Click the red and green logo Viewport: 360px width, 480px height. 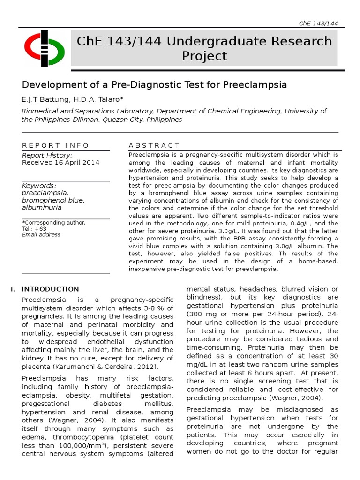coord(45,48)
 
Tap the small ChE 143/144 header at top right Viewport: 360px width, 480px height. coord(318,23)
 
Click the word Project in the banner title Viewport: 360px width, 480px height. coord(204,56)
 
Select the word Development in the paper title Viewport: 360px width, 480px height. coord(50,85)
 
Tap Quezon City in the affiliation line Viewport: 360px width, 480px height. coord(120,120)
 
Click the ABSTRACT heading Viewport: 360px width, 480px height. coord(154,145)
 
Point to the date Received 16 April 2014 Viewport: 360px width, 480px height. coord(60,163)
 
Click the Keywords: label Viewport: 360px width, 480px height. coord(39,186)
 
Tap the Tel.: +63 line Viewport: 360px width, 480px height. coord(34,229)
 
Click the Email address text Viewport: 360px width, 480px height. coord(41,235)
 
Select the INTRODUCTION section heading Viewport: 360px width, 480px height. coord(51,289)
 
